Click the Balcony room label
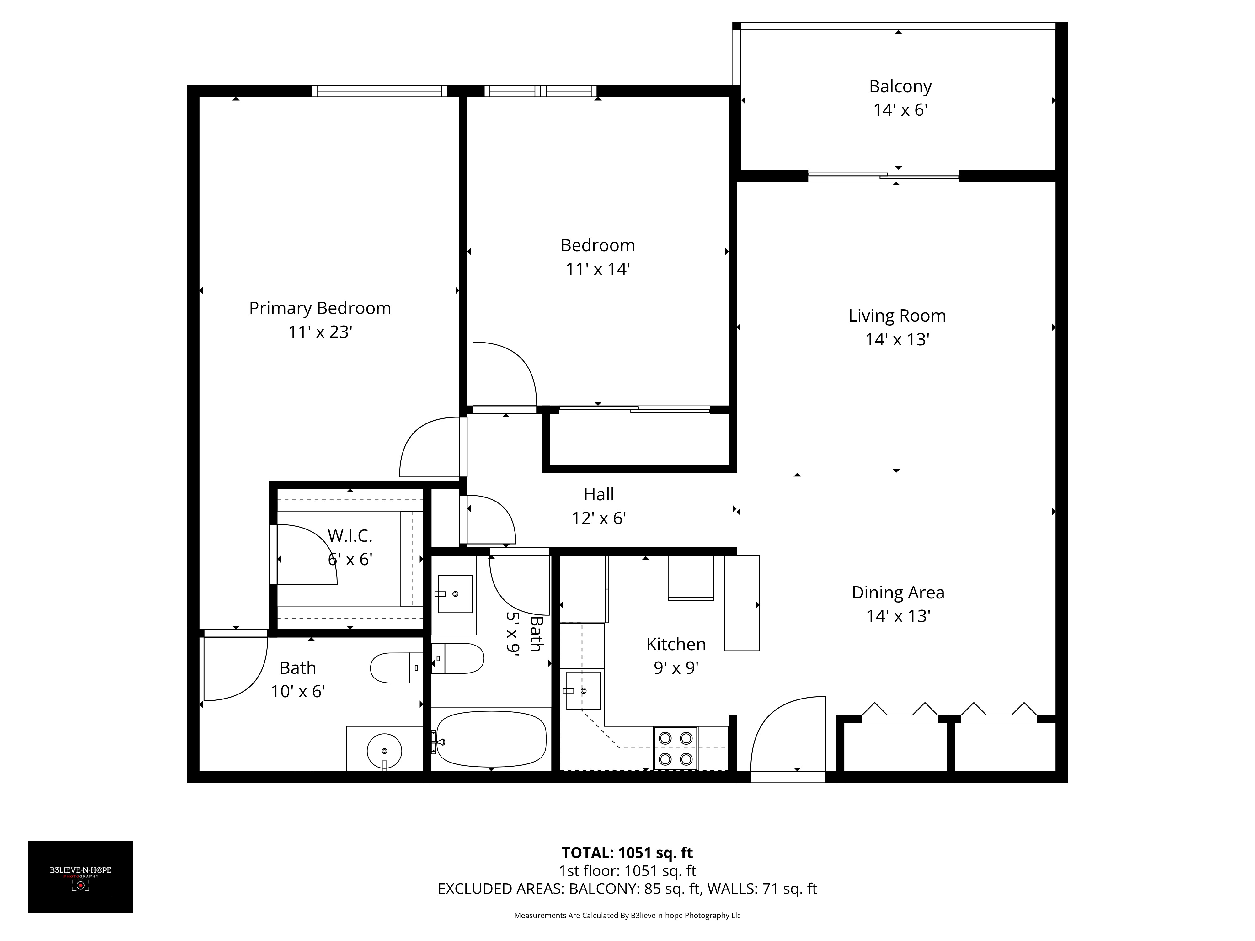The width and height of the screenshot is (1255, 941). (900, 86)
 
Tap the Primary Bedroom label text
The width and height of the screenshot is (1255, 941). (320, 308)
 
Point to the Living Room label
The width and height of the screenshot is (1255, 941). (897, 316)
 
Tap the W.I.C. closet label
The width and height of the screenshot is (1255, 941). (350, 535)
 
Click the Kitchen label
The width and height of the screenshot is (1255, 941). (676, 644)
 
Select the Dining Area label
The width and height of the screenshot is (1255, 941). (898, 593)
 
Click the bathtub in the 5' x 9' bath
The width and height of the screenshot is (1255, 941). (491, 739)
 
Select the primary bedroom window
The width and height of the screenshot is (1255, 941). (380, 91)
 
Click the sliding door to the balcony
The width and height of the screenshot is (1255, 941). (884, 176)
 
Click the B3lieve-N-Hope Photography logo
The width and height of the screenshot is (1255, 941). (81, 876)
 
